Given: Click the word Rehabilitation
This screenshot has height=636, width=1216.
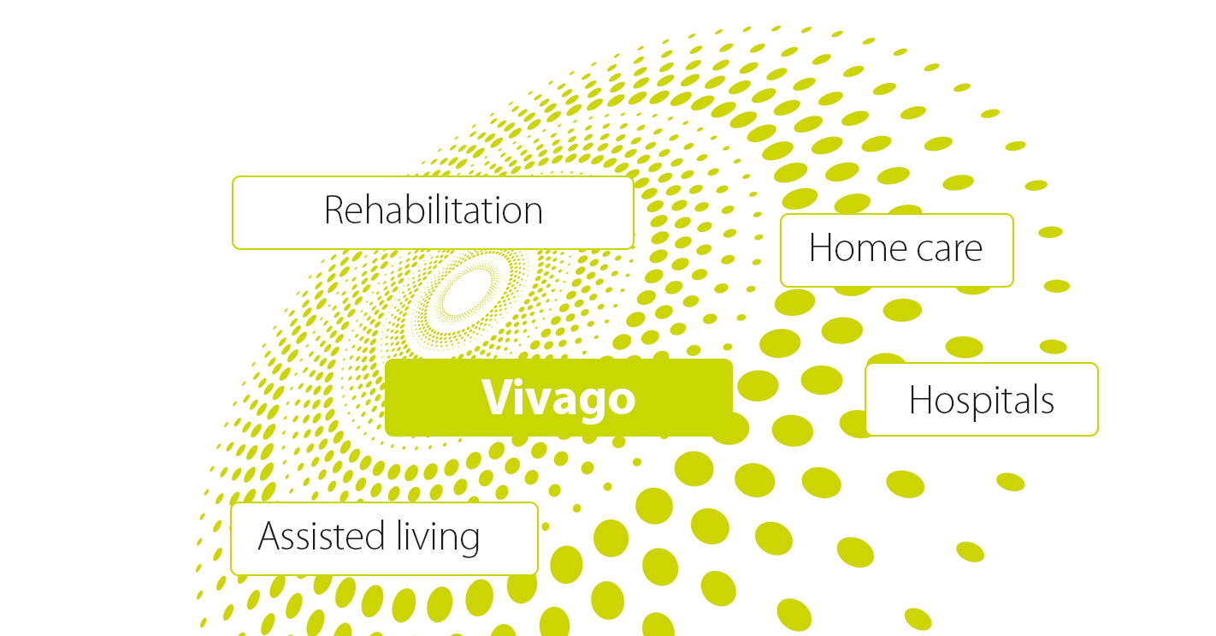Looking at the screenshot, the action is click(434, 210).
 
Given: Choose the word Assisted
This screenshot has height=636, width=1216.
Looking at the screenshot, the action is click(322, 536).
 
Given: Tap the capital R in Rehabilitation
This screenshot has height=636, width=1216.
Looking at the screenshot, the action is click(334, 210).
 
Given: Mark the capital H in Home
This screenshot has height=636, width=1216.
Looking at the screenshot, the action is click(820, 247).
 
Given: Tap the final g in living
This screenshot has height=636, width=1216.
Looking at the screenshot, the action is click(469, 542).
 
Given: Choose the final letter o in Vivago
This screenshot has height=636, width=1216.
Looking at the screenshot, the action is click(621, 401).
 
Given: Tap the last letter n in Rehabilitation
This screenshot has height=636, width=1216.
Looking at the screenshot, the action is click(533, 213).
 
